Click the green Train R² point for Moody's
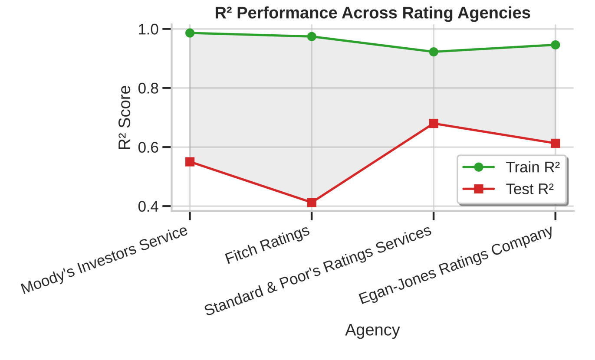point(190,33)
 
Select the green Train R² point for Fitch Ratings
point(312,36)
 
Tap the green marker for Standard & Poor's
point(434,52)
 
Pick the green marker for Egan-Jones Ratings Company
point(555,45)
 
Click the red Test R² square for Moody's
point(190,162)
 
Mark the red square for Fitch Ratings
point(312,203)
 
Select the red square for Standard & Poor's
point(434,124)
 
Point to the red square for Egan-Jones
point(555,143)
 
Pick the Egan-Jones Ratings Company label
point(456,265)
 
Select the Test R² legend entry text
point(530,189)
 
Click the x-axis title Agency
point(372,331)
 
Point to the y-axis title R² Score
point(125,118)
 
